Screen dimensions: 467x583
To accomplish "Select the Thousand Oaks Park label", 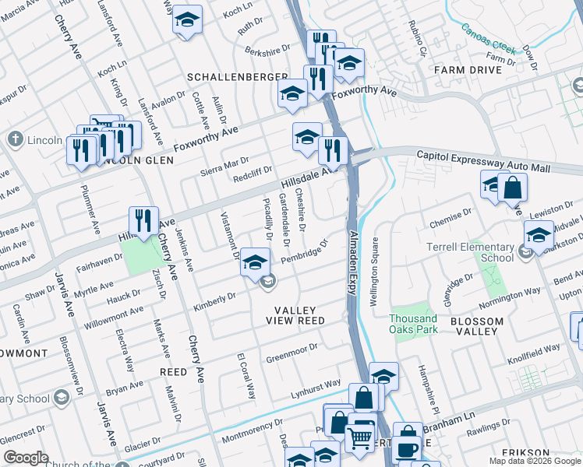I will tap(413, 324).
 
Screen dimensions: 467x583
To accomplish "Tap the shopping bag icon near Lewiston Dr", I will tap(512, 187).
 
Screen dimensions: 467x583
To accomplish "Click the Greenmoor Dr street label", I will tap(292, 353).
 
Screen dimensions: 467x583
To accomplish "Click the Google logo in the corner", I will tap(25, 458).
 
